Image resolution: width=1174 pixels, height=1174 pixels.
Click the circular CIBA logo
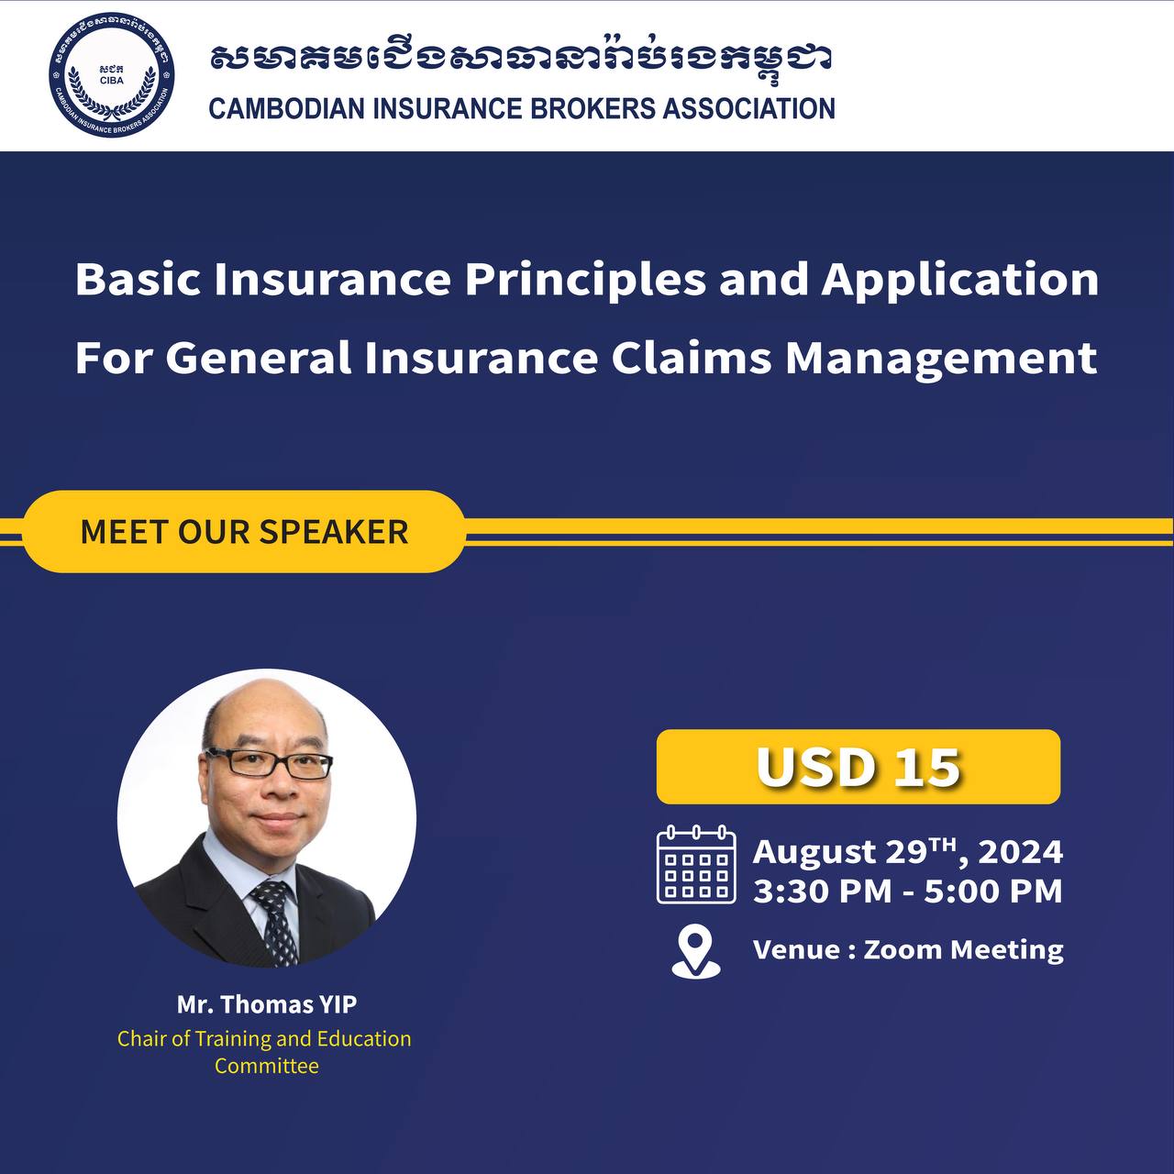(x=112, y=74)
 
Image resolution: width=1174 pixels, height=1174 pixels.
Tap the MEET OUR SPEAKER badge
(x=244, y=531)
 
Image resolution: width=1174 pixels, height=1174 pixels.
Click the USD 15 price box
(x=858, y=767)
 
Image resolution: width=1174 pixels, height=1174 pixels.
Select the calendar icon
(x=696, y=865)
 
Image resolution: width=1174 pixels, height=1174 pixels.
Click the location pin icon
(x=696, y=951)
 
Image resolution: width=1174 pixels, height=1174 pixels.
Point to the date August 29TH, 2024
(x=908, y=851)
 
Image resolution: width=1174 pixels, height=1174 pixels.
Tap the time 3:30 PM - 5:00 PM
(x=908, y=891)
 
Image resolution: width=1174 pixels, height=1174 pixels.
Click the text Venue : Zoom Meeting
(x=908, y=950)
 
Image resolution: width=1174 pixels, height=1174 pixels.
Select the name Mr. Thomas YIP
(x=267, y=1004)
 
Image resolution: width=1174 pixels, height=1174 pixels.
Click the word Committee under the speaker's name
(x=267, y=1066)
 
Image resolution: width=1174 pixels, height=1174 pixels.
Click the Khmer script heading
(x=521, y=59)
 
